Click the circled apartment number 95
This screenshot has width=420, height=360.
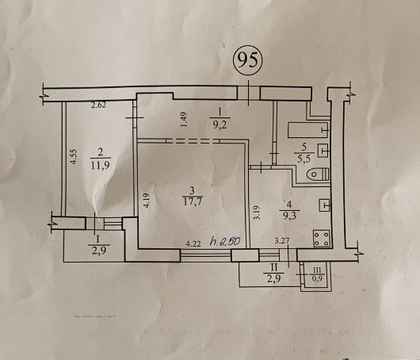point(248,60)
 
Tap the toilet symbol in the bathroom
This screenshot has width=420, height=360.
point(319,174)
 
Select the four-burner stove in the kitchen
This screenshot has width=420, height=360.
point(322,238)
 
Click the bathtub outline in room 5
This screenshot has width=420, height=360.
point(308,130)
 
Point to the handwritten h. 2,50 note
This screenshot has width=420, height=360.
point(225,241)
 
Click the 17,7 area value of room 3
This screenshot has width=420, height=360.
point(192,202)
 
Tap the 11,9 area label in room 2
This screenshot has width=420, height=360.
point(100,165)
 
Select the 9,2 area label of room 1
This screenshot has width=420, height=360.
point(220,124)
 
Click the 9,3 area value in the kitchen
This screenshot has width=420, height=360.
point(288,215)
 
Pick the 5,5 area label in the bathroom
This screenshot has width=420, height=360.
point(304,159)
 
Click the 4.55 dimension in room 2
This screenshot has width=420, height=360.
point(74,156)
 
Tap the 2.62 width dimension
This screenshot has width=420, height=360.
point(98,105)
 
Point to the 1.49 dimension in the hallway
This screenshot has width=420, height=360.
point(185,120)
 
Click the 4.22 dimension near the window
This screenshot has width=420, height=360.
point(193,244)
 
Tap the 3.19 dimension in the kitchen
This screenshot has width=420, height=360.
point(257,213)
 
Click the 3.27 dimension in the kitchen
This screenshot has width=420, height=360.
point(282,240)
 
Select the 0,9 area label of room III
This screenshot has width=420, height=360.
point(317,278)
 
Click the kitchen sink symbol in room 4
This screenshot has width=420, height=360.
point(324,205)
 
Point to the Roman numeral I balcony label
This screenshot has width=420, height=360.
point(98,239)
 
